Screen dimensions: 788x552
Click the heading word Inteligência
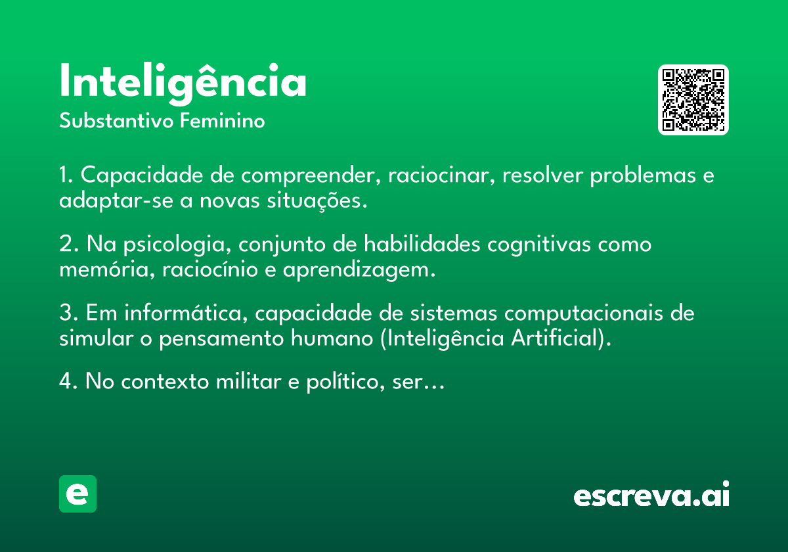pos(183,84)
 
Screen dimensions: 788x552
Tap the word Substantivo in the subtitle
pos(116,120)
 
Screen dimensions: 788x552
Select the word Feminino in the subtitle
pos(223,120)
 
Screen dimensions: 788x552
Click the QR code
pos(693,100)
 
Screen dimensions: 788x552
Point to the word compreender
pos(311,176)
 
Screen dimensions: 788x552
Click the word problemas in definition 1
pos(643,176)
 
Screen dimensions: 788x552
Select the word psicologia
pos(177,244)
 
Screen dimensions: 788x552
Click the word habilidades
pos(422,244)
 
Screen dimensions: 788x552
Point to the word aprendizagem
pos(359,271)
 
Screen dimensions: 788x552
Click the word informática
pos(186,313)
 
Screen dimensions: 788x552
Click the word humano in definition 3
pos(332,338)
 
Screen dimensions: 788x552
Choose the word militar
pos(249,381)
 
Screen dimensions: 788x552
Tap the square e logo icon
pos(77,494)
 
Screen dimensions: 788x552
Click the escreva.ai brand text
pos(651,494)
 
